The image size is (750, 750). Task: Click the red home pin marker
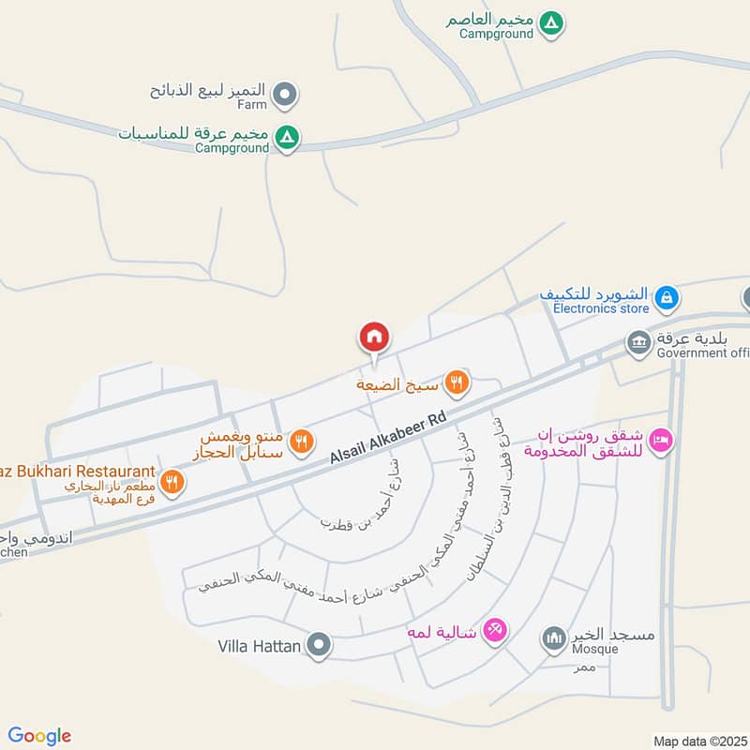[374, 337]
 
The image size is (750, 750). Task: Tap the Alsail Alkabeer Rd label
[386, 439]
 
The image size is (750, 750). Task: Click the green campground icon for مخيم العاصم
[553, 21]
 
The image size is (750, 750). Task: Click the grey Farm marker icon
[288, 93]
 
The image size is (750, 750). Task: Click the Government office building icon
[639, 342]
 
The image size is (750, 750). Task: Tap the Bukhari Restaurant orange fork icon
[172, 482]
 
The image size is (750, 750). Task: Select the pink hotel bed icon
[661, 441]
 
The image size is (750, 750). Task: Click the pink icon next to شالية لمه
[496, 630]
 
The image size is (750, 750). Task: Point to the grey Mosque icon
[553, 639]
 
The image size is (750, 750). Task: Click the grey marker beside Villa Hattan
[320, 645]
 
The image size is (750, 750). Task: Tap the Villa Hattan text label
[259, 645]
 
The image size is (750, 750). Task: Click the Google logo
[39, 736]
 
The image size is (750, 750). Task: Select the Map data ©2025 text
[698, 741]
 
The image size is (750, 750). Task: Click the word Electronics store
[601, 308]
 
